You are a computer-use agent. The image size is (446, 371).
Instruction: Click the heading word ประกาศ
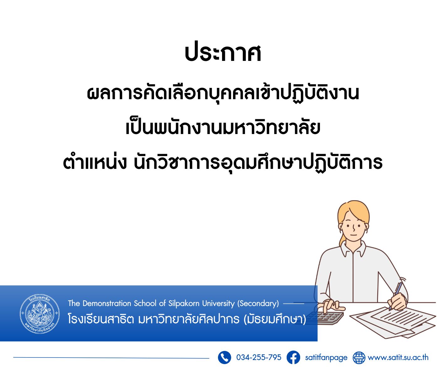(x=223, y=53)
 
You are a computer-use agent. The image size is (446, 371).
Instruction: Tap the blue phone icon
(x=224, y=357)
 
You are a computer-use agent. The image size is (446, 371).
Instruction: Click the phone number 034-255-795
(x=259, y=357)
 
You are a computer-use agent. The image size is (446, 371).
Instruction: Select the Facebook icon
(x=293, y=357)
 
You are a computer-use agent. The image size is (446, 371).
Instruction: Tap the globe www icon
(x=359, y=358)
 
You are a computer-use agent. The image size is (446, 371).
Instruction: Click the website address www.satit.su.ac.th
(x=398, y=357)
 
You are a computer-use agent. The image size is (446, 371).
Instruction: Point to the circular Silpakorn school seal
(x=40, y=314)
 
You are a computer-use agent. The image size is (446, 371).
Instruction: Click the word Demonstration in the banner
(x=107, y=303)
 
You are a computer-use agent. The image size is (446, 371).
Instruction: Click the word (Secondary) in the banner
(x=258, y=304)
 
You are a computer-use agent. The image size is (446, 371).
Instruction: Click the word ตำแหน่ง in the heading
(x=95, y=163)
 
